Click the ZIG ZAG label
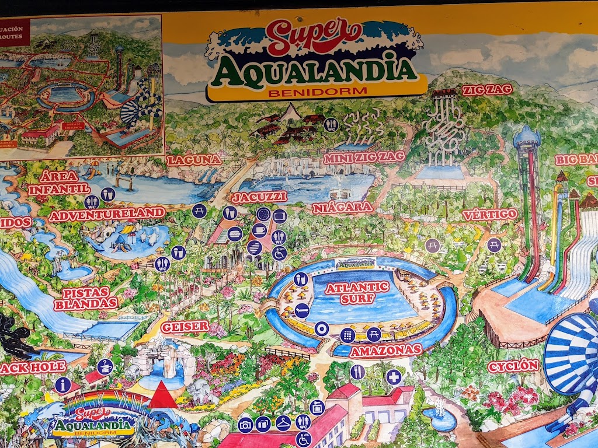point(487,90)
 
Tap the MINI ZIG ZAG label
point(356,157)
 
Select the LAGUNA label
point(194,160)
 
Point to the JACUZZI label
point(259,197)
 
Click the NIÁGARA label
point(343,208)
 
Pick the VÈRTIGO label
point(490,214)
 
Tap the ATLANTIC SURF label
point(357,292)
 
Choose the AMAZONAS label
point(385,350)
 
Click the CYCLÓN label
point(513,366)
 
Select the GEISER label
point(185,327)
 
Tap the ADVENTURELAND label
point(107,214)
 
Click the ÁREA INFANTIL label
point(59,183)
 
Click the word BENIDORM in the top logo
point(317,91)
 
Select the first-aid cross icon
point(394,377)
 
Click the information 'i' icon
point(62,385)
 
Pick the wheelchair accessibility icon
point(279,253)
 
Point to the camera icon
point(245,425)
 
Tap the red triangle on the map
point(163,395)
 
